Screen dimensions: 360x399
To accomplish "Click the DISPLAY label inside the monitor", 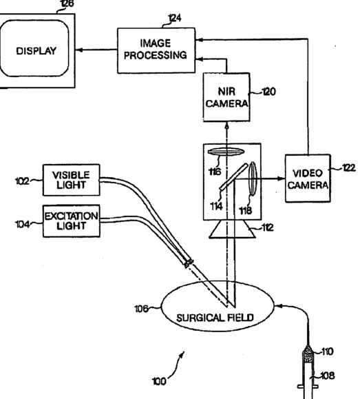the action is [36, 51].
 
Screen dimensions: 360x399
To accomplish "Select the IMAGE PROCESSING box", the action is [156, 50].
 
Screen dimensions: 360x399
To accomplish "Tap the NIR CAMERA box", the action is [226, 97].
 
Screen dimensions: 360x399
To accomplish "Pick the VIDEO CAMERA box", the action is [308, 178].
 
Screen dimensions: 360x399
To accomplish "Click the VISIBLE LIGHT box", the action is [71, 180].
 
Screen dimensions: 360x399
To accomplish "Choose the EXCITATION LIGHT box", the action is [71, 221].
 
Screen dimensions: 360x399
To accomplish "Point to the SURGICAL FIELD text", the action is [215, 318].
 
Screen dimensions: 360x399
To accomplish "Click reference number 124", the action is [175, 18].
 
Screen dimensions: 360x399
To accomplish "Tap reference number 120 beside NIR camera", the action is [268, 92].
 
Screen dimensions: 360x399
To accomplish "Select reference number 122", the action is [349, 168].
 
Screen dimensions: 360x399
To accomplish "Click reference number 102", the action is [22, 181].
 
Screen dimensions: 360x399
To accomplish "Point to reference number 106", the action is [141, 309].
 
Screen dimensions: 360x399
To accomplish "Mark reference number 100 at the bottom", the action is [159, 382].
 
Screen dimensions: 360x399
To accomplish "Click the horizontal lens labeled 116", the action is [226, 152].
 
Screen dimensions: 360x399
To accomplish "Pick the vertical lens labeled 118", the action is [253, 178].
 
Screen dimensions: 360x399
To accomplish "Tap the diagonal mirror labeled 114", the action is [233, 177].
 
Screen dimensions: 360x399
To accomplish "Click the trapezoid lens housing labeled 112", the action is [233, 229].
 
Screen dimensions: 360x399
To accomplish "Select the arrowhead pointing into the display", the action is [79, 50].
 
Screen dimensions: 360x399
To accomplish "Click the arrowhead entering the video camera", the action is [281, 178].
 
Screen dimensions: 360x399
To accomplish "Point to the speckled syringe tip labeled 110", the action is [308, 354].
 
